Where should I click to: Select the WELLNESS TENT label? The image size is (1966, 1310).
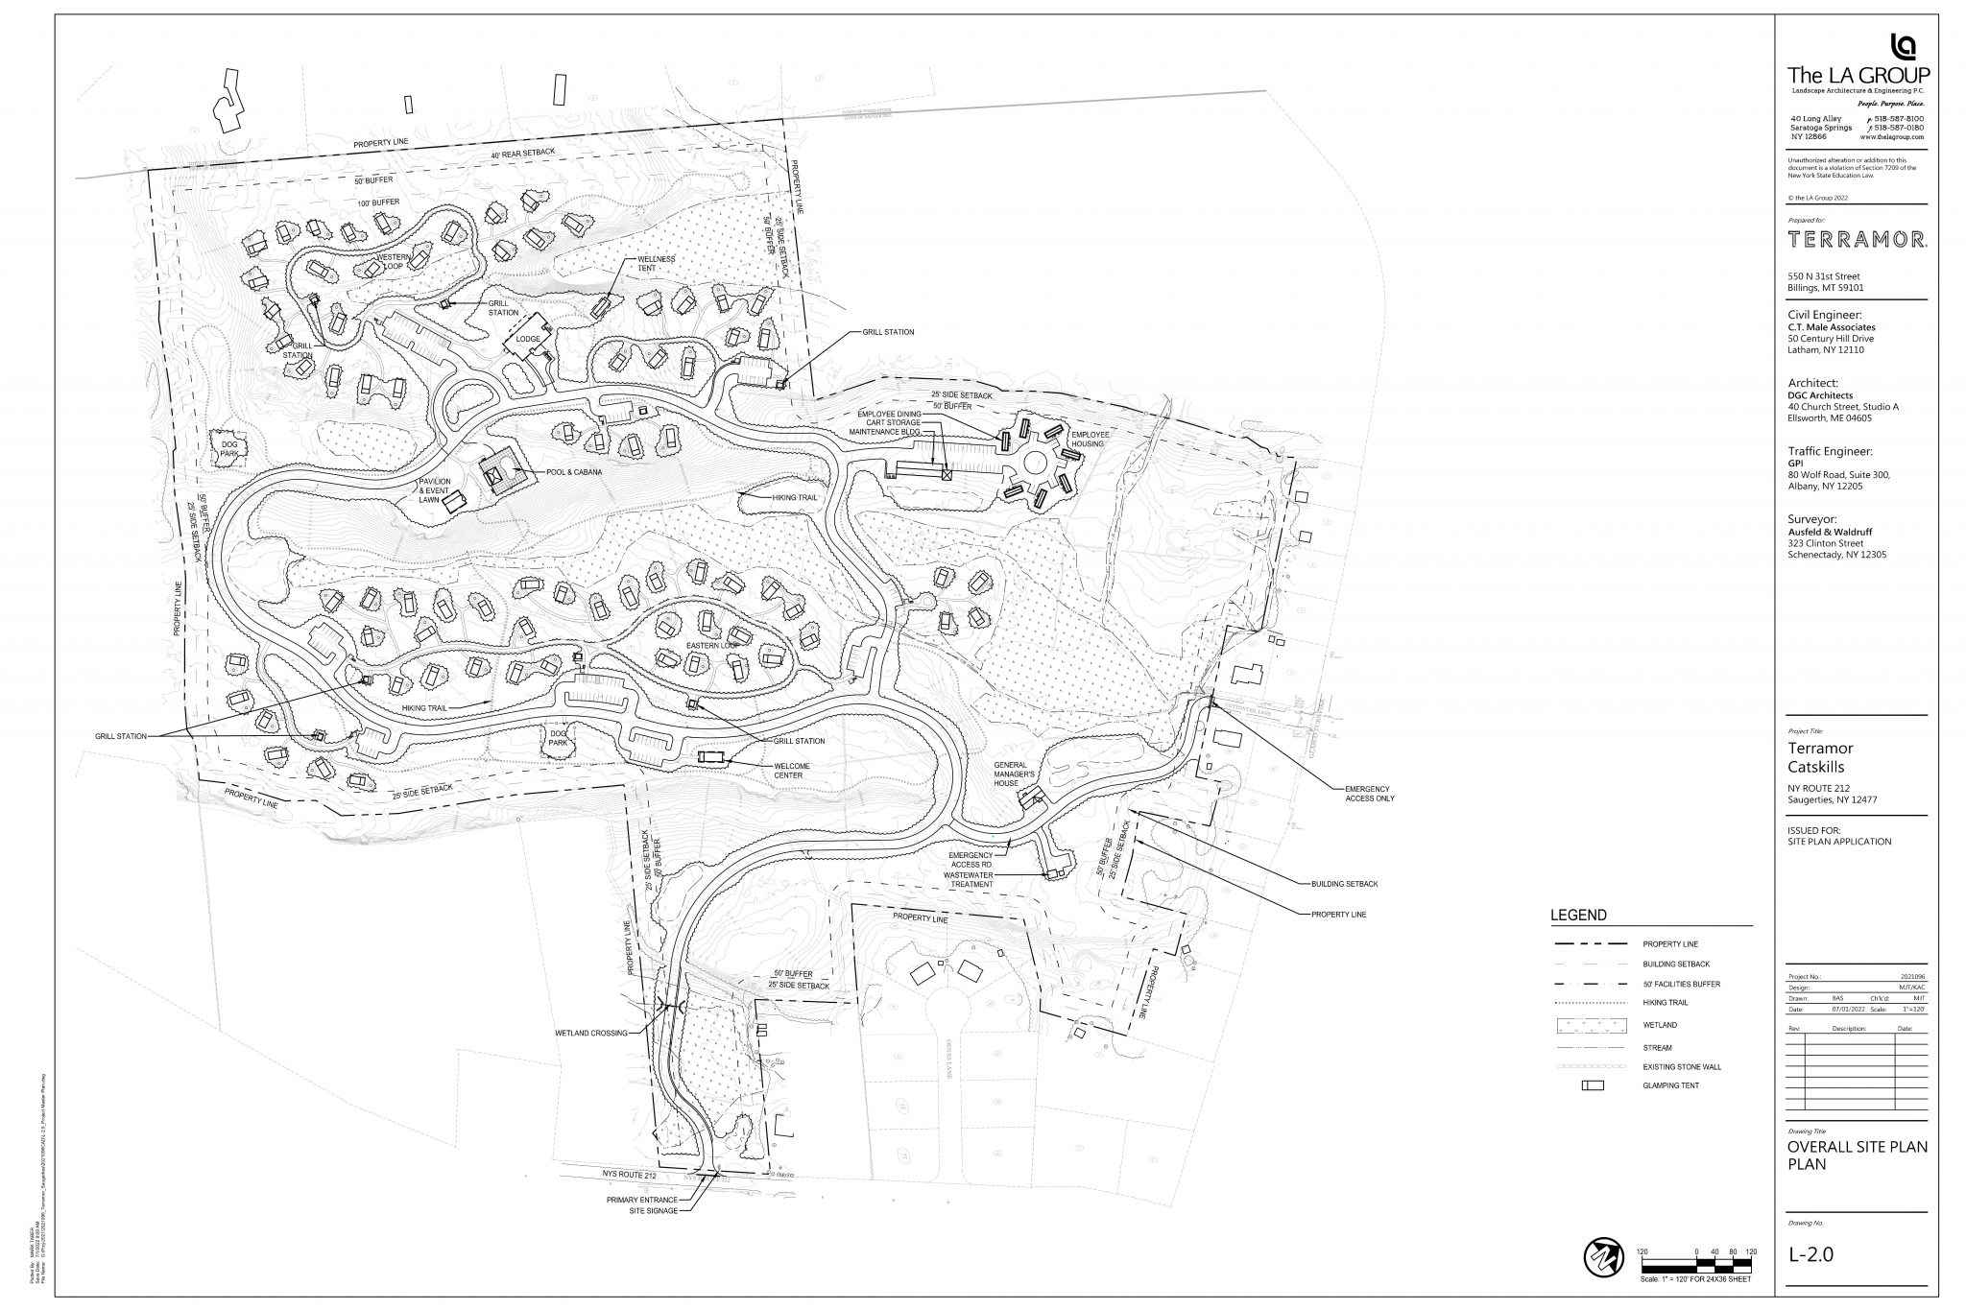coord(657,263)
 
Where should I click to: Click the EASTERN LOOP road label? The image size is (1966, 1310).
coord(712,645)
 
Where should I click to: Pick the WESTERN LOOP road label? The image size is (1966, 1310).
coord(394,263)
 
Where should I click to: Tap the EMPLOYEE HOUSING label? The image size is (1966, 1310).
coord(1090,440)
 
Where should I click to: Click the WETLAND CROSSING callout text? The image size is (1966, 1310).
coord(590,1034)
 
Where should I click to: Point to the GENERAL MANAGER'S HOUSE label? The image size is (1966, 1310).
coord(1006,774)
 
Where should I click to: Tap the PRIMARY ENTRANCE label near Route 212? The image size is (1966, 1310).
coord(642,1200)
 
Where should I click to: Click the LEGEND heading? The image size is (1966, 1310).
coord(1578,916)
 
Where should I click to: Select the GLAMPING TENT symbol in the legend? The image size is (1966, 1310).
coord(1593,1085)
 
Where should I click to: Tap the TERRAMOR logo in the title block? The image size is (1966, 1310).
coord(1856,240)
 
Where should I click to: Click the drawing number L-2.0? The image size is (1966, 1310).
coord(1810,1254)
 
